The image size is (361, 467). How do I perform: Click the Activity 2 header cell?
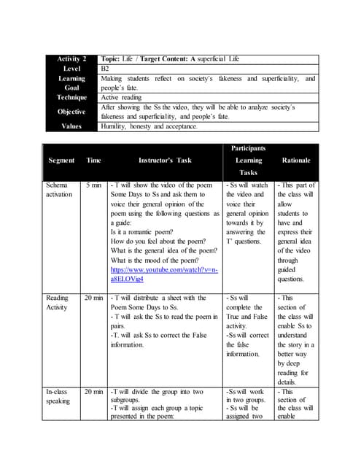coord(71,58)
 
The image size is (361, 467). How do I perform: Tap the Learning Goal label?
coord(71,82)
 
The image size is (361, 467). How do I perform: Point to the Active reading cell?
coord(121,97)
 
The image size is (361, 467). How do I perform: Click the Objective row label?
coord(71,112)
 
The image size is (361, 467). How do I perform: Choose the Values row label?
coord(71,126)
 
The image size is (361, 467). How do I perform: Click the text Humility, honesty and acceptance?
coord(149,126)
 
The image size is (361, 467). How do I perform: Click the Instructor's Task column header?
coord(165,160)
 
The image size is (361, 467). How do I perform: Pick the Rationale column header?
coord(295,160)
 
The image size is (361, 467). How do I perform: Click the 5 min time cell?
coord(93,186)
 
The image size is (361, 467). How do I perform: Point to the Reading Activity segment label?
coord(58,302)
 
